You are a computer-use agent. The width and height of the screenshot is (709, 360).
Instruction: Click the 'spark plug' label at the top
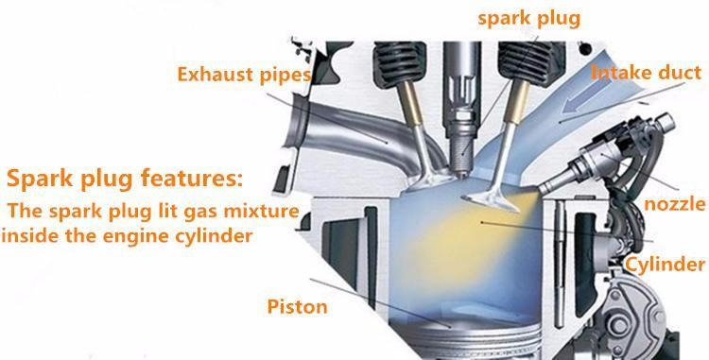[x=529, y=20]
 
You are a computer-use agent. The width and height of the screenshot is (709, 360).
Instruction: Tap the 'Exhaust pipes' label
[x=244, y=75]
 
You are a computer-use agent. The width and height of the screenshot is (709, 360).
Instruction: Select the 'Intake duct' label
[x=647, y=72]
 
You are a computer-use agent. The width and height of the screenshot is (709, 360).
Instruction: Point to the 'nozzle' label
[x=675, y=204]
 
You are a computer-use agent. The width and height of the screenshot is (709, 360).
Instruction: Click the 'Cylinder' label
[x=665, y=265]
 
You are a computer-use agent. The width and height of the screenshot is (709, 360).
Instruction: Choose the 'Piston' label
[x=297, y=307]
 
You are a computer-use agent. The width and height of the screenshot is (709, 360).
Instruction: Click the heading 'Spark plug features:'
[x=125, y=178]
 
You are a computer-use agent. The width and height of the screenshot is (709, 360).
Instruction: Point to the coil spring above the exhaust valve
[x=400, y=63]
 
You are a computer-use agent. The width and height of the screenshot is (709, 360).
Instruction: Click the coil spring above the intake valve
[x=531, y=63]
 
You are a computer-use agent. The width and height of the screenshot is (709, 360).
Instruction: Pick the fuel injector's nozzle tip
[x=544, y=186]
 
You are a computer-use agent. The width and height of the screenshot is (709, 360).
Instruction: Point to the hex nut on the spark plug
[x=461, y=119]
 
